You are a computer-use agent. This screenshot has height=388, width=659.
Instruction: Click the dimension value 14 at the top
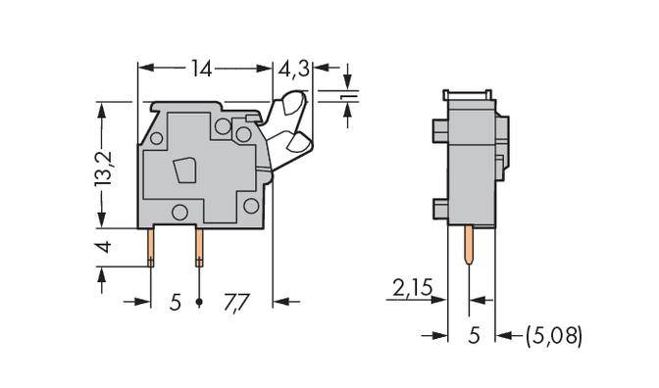[x=201, y=70]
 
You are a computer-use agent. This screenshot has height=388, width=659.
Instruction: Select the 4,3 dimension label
[x=294, y=70]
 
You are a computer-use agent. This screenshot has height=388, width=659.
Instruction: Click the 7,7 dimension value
[x=238, y=301]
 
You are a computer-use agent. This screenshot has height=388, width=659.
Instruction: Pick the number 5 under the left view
[x=175, y=301]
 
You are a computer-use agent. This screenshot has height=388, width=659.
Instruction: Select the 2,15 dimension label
[x=412, y=288]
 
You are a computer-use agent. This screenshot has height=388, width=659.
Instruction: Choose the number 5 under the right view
[x=473, y=336]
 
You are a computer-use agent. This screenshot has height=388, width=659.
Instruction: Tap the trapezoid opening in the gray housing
[x=183, y=173]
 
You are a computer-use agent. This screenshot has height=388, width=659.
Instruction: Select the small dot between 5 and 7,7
[x=200, y=301]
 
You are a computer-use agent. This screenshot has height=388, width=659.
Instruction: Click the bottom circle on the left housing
[x=179, y=212]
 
